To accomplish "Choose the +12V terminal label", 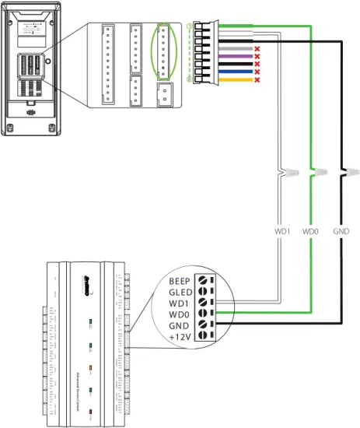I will (180, 336).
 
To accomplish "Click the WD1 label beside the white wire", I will (283, 231).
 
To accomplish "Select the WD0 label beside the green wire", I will (311, 231).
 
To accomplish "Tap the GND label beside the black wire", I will (341, 231).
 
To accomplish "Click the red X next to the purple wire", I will (257, 56).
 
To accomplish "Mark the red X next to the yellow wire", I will (257, 79).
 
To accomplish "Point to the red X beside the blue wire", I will (257, 71).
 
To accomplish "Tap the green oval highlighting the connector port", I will (163, 51).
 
